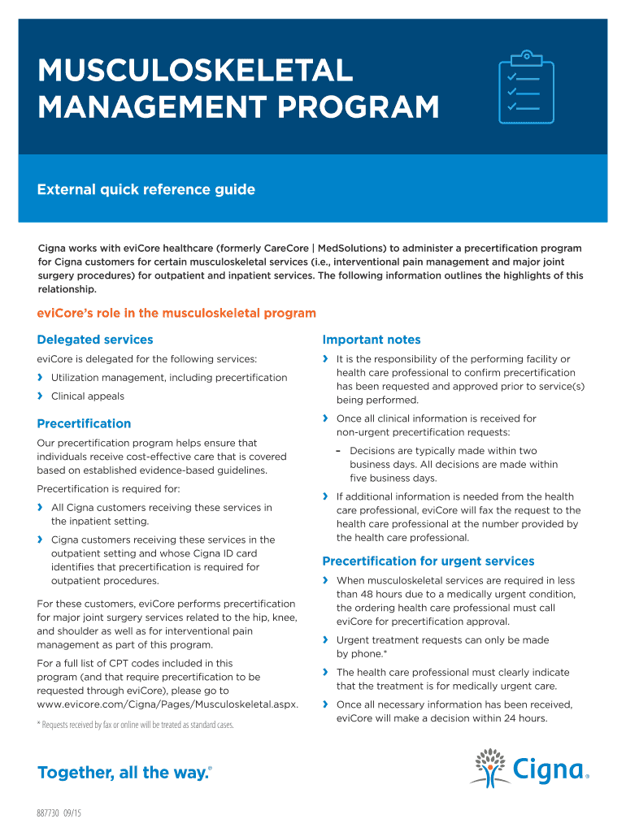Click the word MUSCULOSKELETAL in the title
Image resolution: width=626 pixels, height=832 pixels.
[x=195, y=71]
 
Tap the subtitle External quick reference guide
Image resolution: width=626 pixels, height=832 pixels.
[x=146, y=190]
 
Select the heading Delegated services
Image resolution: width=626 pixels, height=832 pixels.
[x=95, y=340]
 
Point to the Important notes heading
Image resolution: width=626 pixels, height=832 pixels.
[x=372, y=340]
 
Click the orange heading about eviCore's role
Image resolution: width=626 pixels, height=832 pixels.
[x=176, y=313]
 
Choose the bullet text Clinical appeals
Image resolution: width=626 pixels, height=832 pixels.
[x=88, y=396]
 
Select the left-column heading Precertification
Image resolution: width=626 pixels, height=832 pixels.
[x=84, y=423]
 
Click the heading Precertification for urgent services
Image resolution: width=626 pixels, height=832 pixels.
[x=428, y=561]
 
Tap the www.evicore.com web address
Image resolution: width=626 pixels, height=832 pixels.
[x=167, y=704]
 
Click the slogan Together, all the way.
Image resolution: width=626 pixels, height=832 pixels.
[x=124, y=773]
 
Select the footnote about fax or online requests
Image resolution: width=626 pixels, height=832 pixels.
[x=136, y=724]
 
